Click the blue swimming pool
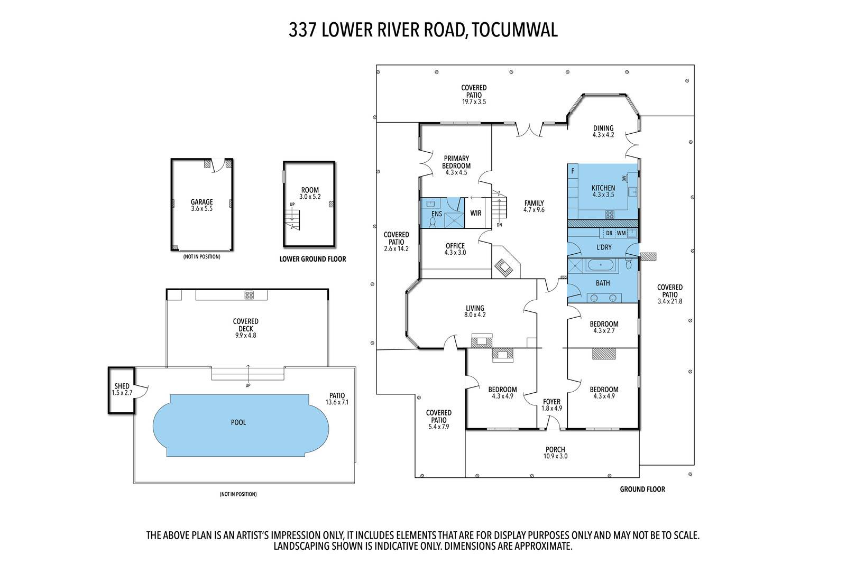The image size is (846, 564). [241, 426]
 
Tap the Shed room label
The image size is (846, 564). [122, 386]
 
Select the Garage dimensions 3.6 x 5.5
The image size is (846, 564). [201, 209]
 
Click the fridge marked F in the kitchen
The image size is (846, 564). [573, 171]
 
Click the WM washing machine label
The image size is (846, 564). [621, 233]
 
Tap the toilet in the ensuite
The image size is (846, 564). [433, 223]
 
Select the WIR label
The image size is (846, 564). [475, 213]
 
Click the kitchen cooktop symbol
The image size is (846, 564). [610, 215]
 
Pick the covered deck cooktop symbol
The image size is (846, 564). [249, 295]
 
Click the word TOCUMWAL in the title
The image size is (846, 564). [514, 30]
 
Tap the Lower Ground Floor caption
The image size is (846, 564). [312, 259]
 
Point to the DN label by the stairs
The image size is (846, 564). [499, 225]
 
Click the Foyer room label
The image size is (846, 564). [551, 402]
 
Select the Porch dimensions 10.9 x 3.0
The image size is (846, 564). [555, 456]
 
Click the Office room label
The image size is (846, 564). [455, 246]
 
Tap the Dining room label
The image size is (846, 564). [603, 128]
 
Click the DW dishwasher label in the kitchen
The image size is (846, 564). [624, 178]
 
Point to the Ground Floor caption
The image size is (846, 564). [642, 489]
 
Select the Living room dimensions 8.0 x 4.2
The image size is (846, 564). [475, 315]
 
